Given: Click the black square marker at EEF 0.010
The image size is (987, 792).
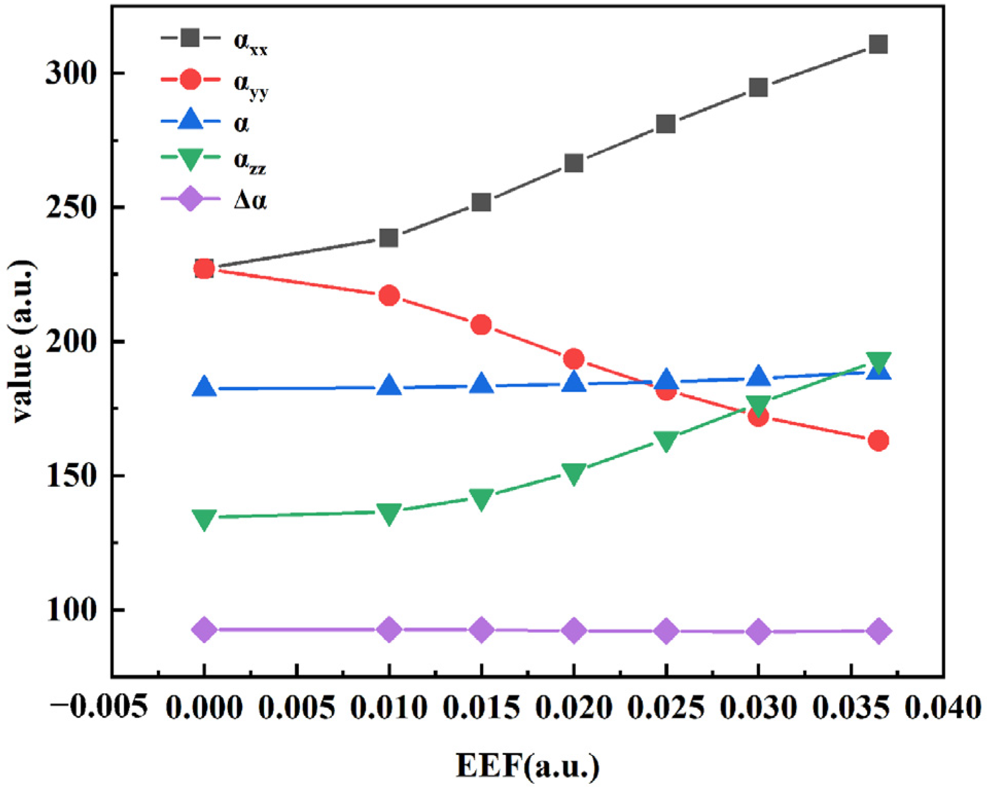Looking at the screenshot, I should pyautogui.click(x=389, y=238).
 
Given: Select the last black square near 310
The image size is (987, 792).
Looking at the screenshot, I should pyautogui.click(x=878, y=44).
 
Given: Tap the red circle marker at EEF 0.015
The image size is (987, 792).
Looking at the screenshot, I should pyautogui.click(x=481, y=325).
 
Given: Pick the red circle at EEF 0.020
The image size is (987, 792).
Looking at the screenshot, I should pyautogui.click(x=573, y=359).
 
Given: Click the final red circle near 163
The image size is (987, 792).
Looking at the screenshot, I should pyautogui.click(x=878, y=441).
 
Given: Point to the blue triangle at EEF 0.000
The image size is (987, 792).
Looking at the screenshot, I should pyautogui.click(x=204, y=386).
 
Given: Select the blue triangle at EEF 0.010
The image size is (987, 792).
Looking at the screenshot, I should pyautogui.click(x=389, y=385).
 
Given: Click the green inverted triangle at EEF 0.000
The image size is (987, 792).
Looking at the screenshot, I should pyautogui.click(x=204, y=519).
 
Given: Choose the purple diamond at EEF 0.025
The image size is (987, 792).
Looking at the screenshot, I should pyautogui.click(x=666, y=631).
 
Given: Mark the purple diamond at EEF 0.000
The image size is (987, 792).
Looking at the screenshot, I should pyautogui.click(x=204, y=630).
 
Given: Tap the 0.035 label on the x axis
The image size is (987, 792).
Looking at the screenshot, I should pyautogui.click(x=851, y=708).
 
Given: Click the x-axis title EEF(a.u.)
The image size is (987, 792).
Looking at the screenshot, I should pyautogui.click(x=527, y=766).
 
